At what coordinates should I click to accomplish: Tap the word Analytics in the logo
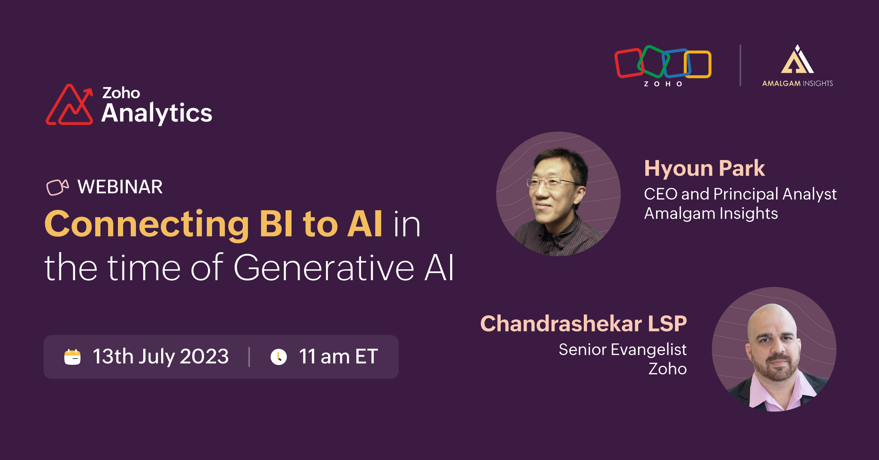tap(157, 113)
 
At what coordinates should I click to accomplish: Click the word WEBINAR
tap(120, 187)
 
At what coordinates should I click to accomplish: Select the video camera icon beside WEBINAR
tap(58, 188)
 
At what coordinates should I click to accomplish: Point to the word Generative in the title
tap(324, 268)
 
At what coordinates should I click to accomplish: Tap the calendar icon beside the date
tap(73, 357)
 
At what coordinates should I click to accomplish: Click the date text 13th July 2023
tap(161, 357)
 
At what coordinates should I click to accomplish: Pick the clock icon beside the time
tap(279, 357)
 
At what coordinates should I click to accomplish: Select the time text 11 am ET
tap(338, 356)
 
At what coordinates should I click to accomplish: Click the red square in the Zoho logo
tap(628, 63)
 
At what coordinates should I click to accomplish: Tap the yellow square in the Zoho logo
tap(698, 64)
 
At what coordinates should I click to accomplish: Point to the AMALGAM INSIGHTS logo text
tap(797, 84)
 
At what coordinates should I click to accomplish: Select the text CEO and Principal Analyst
tap(740, 194)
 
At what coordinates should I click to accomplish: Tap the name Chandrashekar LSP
tap(583, 324)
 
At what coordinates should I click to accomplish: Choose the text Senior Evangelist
tap(623, 349)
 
